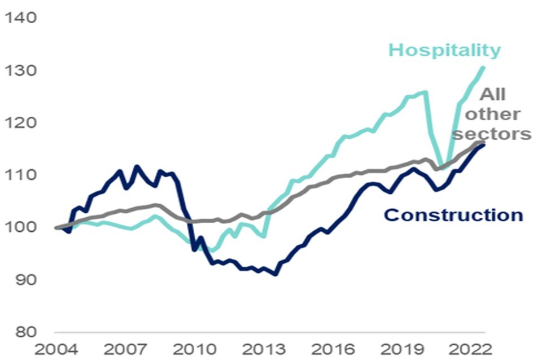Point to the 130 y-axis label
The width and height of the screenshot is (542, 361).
pos(21,71)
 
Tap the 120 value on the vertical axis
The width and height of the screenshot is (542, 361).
pos(21,123)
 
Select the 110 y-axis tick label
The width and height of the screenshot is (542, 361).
pos(21,175)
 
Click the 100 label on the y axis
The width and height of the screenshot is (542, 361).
pos(21,227)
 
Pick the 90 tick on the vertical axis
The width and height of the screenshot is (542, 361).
pos(24,279)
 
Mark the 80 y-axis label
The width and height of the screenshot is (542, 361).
pos(24,332)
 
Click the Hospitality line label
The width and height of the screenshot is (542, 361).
pos(445,50)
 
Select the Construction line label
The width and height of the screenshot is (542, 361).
pos(453,215)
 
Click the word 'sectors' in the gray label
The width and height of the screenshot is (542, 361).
pos(492,134)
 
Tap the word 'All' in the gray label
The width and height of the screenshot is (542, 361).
pos(492,94)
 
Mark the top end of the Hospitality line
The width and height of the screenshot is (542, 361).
pos(483,68)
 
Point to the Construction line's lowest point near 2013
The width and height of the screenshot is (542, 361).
pos(275,274)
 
